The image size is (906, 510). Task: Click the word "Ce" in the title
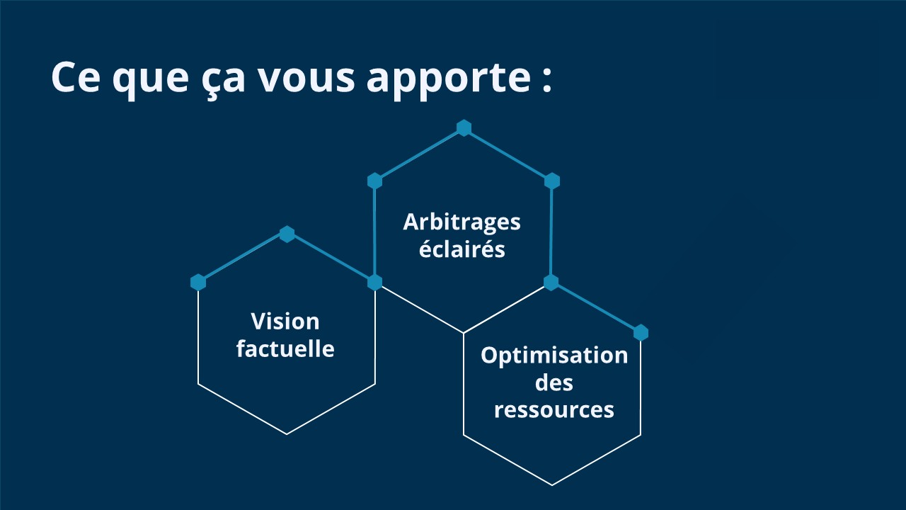click(x=75, y=78)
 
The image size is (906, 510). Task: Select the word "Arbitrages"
click(x=461, y=222)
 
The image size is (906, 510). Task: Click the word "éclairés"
click(x=461, y=249)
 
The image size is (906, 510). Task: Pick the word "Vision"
click(x=285, y=322)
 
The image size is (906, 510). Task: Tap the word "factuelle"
click(x=285, y=348)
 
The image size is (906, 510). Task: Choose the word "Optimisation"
click(x=554, y=355)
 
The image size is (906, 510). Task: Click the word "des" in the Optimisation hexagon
click(x=554, y=382)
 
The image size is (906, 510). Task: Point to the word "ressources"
click(x=554, y=409)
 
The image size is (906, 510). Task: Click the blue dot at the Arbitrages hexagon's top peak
click(x=464, y=127)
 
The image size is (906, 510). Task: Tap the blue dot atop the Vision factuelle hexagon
click(x=287, y=234)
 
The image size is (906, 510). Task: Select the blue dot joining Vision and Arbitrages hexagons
click(x=374, y=283)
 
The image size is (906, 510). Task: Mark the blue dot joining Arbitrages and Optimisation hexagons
click(x=551, y=283)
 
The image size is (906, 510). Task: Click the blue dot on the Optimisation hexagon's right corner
click(x=641, y=332)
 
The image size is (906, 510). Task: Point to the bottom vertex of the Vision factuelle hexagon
click(x=287, y=434)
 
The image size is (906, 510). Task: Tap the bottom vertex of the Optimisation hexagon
click(x=552, y=485)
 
